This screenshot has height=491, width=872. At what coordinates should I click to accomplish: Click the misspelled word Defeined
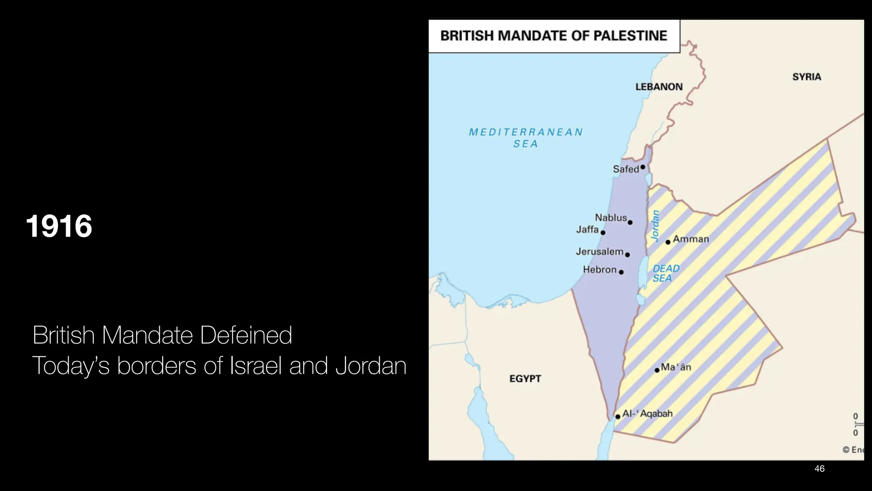246,335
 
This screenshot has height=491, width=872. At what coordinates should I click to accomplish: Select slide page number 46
819,469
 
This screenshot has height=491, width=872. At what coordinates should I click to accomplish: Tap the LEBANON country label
659,87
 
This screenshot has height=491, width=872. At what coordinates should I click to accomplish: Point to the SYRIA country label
806,77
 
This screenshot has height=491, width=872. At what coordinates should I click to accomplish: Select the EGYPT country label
525,379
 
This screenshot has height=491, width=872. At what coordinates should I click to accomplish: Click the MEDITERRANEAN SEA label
525,138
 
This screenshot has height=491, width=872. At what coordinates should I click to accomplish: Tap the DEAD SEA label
666,273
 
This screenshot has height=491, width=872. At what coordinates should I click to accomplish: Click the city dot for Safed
643,167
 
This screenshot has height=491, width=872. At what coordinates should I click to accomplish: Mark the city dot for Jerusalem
627,255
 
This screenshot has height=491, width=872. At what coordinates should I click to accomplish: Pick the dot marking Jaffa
603,233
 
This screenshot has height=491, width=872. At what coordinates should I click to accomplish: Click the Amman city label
691,239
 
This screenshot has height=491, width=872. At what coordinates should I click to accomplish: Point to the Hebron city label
599,270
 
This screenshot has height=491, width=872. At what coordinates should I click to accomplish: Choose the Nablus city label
611,218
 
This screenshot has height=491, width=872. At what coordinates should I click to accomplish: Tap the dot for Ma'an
657,370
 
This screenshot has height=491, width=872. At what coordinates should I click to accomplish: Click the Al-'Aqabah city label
647,413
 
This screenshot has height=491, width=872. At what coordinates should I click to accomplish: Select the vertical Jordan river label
655,225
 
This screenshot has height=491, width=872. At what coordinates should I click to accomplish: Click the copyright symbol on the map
846,450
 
